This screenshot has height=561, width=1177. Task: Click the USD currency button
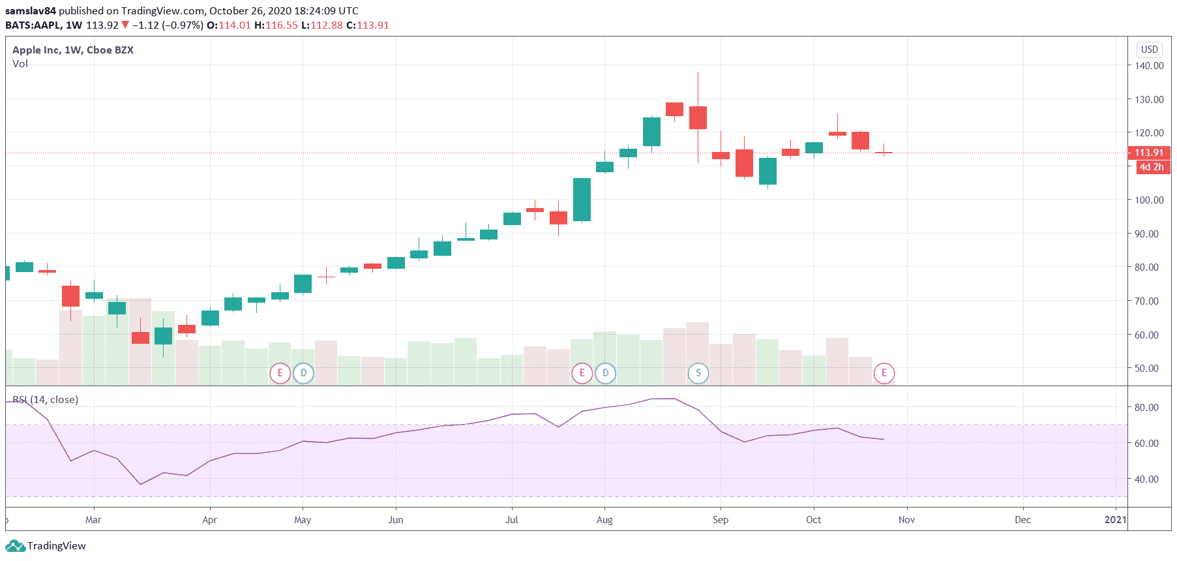1149,50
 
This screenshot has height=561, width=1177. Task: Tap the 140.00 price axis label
1149,65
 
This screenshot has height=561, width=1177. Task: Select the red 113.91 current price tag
1148,153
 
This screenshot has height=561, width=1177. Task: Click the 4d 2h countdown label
1152,167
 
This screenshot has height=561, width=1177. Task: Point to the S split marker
698,373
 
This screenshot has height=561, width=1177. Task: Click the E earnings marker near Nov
884,373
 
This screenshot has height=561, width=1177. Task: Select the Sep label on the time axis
721,520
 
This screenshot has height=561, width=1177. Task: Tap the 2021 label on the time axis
1115,520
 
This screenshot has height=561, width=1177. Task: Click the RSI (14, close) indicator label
46,399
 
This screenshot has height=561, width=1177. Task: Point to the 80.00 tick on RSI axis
1146,408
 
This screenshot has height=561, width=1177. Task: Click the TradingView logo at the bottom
46,546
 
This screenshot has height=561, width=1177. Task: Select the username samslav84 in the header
31,11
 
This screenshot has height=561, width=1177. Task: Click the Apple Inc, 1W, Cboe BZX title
73,50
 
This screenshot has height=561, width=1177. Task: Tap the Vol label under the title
20,64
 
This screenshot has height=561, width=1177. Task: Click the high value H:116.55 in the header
276,25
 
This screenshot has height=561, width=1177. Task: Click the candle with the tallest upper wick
698,117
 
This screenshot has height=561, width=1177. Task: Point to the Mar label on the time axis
93,520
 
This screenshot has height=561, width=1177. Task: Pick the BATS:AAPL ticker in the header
33,25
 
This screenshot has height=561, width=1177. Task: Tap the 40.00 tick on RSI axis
1146,479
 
